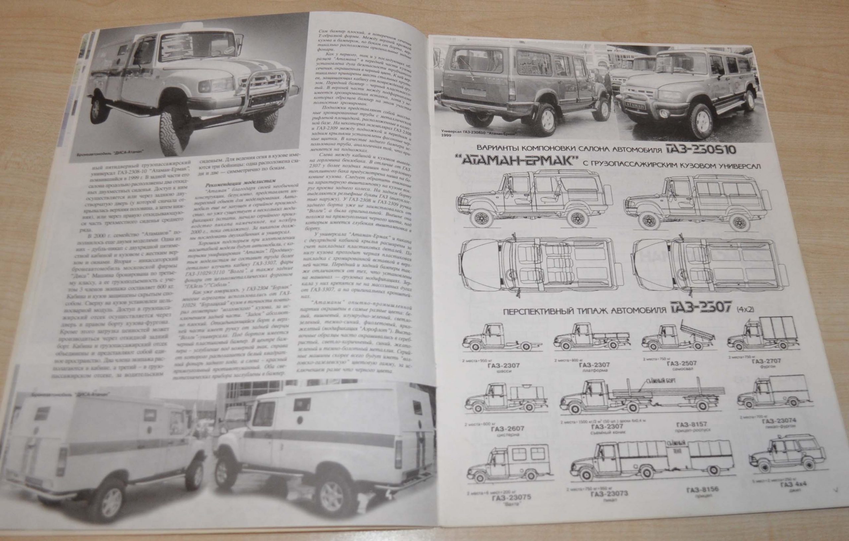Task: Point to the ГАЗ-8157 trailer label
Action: pyautogui.click(x=692, y=424)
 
